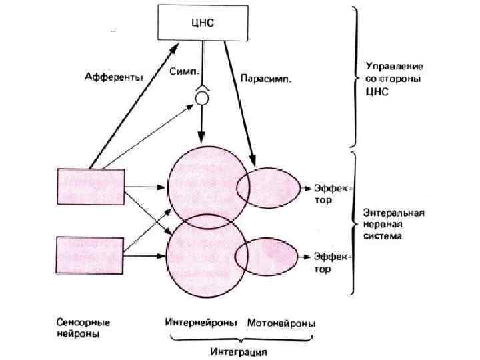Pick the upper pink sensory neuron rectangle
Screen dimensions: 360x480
coord(91,187)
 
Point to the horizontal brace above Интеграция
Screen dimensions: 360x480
coord(240,338)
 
